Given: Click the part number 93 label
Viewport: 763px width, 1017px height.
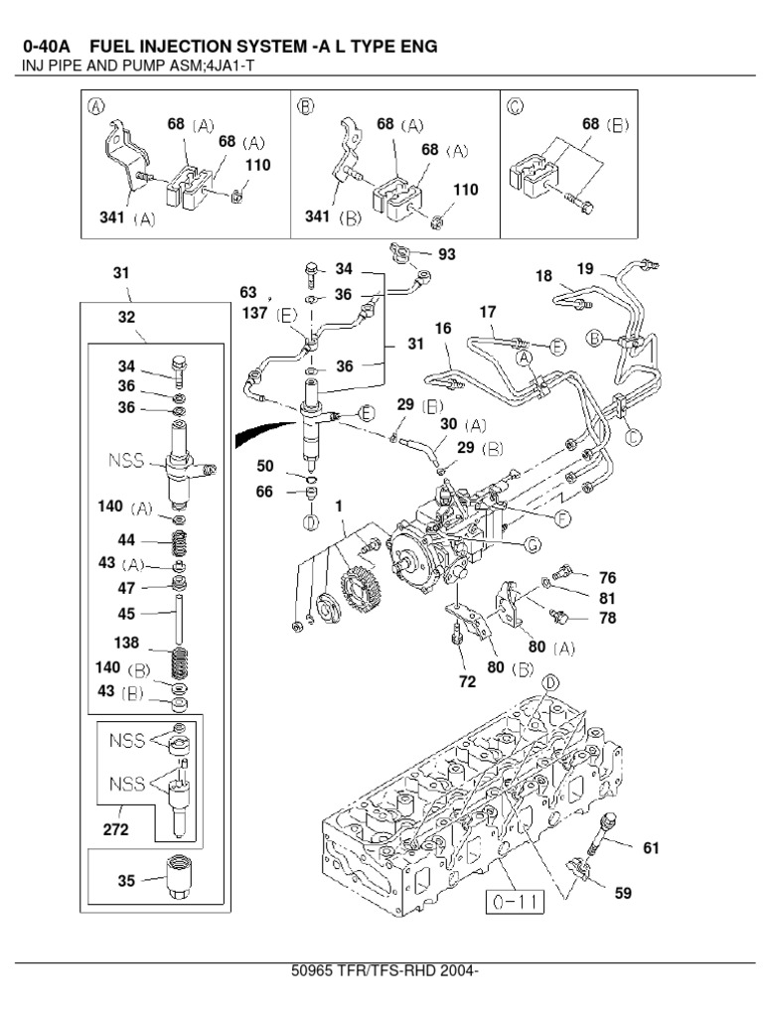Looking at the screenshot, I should tap(446, 254).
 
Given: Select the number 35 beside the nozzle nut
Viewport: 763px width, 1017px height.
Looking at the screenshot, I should tap(126, 879).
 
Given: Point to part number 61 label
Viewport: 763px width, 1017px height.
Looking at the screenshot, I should tap(651, 848).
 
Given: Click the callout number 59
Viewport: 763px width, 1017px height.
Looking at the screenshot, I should tap(623, 893).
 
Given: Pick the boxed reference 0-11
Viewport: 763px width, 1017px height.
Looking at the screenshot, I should tap(515, 903).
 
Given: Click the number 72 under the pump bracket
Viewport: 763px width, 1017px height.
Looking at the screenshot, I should tap(468, 682).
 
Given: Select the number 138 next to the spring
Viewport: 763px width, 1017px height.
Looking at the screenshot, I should tap(126, 643).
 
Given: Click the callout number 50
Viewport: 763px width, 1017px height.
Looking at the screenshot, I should tap(264, 466).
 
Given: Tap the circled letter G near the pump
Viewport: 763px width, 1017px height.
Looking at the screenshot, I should tap(533, 544).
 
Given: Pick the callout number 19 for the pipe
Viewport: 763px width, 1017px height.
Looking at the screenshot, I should tap(585, 269).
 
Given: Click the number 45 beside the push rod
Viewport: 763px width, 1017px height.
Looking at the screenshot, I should tap(126, 613).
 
